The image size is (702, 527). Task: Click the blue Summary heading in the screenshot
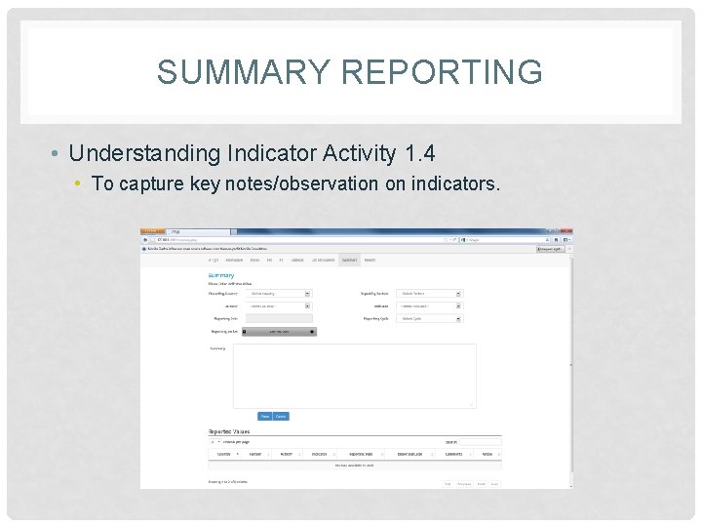(x=220, y=275)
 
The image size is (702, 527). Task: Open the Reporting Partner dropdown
(x=430, y=293)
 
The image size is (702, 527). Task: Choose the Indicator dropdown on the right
(x=430, y=305)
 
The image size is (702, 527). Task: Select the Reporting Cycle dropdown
(x=430, y=318)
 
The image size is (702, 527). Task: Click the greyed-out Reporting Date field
(x=279, y=318)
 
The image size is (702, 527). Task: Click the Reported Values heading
(x=228, y=430)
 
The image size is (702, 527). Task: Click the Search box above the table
(x=484, y=442)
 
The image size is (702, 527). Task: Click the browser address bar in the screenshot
(x=292, y=239)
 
